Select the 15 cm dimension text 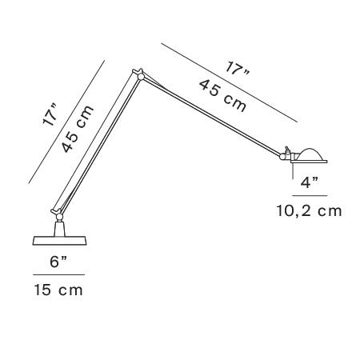pyautogui.click(x=58, y=290)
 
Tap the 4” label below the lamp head pyautogui.click(x=310, y=182)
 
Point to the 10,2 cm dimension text pyautogui.click(x=309, y=210)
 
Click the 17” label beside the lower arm pyautogui.click(x=50, y=115)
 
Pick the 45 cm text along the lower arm pyautogui.click(x=78, y=129)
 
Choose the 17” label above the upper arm pyautogui.click(x=237, y=69)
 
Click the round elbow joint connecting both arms pyautogui.click(x=141, y=77)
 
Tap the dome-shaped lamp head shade pyautogui.click(x=310, y=154)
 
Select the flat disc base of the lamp pyautogui.click(x=59, y=240)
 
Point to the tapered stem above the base pyautogui.click(x=59, y=228)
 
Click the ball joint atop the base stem pyautogui.click(x=59, y=217)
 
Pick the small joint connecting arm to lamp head pyautogui.click(x=282, y=157)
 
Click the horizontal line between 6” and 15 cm pyautogui.click(x=58, y=274)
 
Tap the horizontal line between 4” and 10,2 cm pyautogui.click(x=310, y=196)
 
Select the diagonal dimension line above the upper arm pyautogui.click(x=230, y=82)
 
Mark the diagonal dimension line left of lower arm pyautogui.click(x=66, y=122)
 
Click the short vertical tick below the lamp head pyautogui.click(x=293, y=170)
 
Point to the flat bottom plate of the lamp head pyautogui.click(x=310, y=162)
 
